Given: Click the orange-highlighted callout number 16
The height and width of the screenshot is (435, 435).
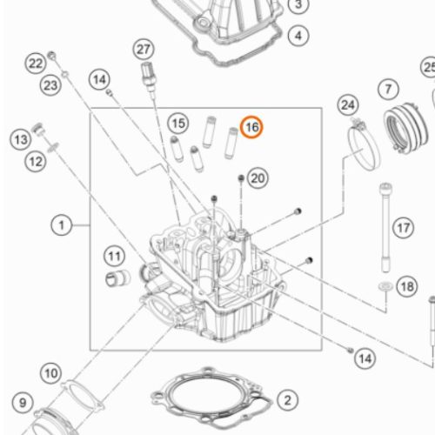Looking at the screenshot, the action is [251, 127].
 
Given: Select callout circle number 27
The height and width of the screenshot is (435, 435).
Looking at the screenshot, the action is [144, 50].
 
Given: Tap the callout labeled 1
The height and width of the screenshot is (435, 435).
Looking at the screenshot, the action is [62, 225].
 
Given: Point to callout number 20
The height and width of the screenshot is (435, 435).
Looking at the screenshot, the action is [258, 178].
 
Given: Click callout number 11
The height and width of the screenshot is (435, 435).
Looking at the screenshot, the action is [115, 257].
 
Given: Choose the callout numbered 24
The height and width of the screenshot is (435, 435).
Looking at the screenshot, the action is [348, 104].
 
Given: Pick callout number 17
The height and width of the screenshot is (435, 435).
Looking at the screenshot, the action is [404, 228].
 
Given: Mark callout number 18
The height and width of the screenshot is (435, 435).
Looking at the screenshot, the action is [407, 287].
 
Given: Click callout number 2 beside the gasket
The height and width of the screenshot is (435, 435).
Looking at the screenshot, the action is [288, 400].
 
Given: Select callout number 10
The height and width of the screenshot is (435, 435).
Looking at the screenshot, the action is [51, 373].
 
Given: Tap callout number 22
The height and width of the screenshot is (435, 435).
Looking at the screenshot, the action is [36, 64].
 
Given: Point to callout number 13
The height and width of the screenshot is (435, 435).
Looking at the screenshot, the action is [21, 140].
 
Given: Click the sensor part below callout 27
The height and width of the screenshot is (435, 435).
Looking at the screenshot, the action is [149, 77].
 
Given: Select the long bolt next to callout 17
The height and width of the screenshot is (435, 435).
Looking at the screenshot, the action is [385, 228].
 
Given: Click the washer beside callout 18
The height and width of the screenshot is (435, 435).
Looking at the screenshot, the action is [386, 286].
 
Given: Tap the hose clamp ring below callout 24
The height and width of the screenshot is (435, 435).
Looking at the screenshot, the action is [364, 146].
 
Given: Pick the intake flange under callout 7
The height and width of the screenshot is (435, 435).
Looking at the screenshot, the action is [405, 128].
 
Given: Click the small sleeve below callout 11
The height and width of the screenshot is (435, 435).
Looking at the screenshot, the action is [117, 278].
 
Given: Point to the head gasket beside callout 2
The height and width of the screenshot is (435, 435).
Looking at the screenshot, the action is [211, 398].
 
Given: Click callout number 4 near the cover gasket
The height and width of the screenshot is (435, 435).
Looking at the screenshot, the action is [298, 36].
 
